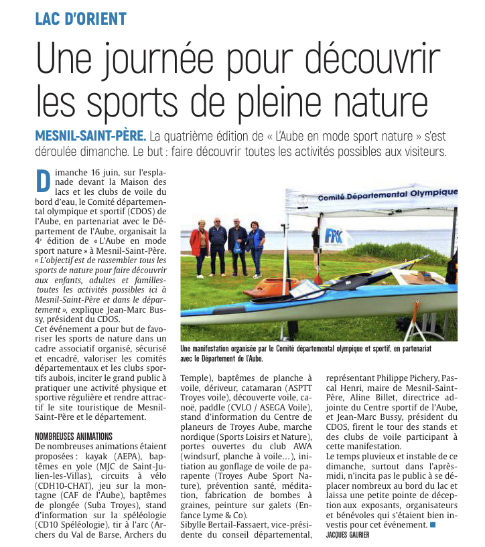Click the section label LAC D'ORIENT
[80, 17]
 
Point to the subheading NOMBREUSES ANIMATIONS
[74, 437]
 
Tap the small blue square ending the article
[433, 525]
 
